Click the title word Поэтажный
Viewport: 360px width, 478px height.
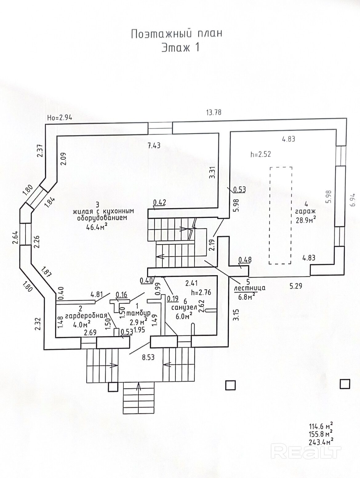[x=155, y=34]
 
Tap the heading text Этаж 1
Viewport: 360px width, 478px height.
[x=181, y=48]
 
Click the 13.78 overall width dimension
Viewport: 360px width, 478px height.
[x=214, y=113]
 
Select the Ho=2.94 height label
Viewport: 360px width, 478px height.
[x=60, y=117]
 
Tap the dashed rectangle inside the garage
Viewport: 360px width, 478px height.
[x=281, y=215]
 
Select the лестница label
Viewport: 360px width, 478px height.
[x=250, y=288]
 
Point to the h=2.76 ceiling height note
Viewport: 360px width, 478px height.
[x=201, y=292]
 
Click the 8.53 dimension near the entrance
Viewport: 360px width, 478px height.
[x=148, y=357]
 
